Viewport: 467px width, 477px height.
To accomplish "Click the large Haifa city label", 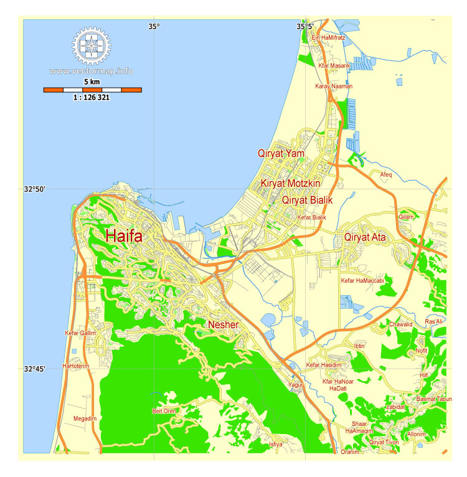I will click(x=124, y=236).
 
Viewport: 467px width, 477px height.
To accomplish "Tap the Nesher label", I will click(x=224, y=324).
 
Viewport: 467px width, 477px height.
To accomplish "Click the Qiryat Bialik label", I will click(x=308, y=201).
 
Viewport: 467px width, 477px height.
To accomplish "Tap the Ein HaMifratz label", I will click(x=328, y=38).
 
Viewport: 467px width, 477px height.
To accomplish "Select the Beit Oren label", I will click(x=165, y=411).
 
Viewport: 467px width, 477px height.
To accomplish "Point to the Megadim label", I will click(x=85, y=418).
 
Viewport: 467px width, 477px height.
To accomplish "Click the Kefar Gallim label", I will click(x=80, y=333).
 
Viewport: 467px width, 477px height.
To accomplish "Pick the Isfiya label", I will click(x=275, y=444).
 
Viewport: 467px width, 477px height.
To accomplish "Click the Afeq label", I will click(x=386, y=175).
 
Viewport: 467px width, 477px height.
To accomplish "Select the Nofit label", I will click(x=422, y=351).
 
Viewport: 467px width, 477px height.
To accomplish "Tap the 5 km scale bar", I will click(x=92, y=90).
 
